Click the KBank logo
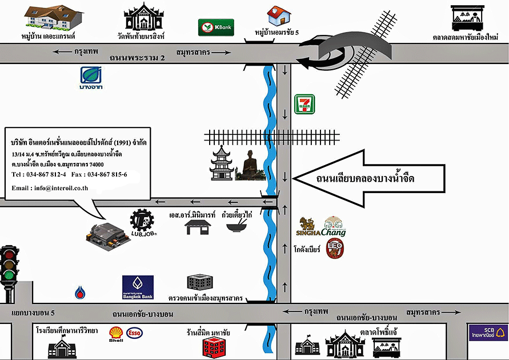(x=216, y=27)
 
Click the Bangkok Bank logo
(x=138, y=288)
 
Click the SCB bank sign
(x=487, y=333)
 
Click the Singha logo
(x=306, y=227)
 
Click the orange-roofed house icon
(x=279, y=15)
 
